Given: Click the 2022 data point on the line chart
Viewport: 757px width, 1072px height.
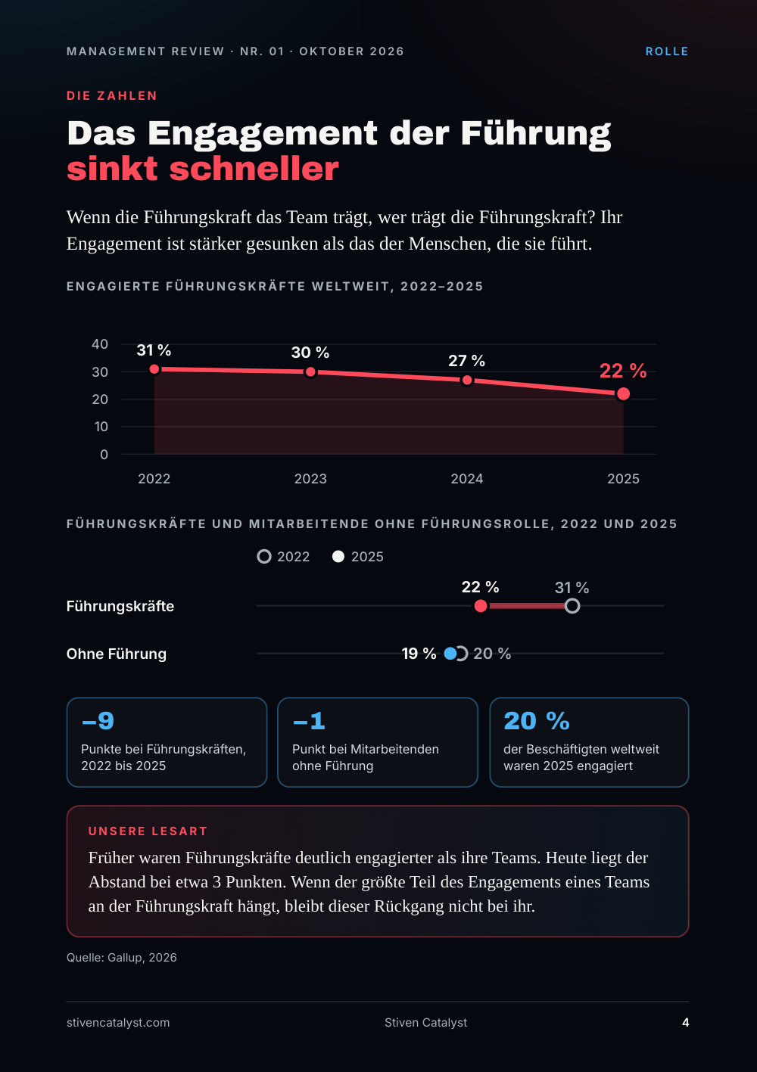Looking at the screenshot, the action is tap(154, 369).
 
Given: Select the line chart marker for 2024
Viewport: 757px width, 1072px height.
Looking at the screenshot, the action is tap(467, 380).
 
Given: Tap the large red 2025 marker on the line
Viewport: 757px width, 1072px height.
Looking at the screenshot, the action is tap(623, 394).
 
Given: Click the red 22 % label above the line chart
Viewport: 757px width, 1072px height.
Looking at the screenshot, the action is tap(623, 371).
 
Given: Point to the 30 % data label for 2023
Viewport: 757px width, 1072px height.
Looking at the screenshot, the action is tap(310, 353).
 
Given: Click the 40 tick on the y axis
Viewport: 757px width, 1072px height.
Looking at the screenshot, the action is tap(100, 344).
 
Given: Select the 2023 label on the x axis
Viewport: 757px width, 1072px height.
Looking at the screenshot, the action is tap(310, 479).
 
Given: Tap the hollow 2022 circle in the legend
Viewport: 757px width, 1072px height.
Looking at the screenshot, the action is tap(264, 557).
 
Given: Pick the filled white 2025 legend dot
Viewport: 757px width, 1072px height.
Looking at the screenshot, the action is tap(338, 557).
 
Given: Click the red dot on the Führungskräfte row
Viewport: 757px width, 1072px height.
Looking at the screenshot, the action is tap(481, 606).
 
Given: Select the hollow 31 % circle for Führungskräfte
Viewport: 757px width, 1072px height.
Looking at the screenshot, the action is tap(572, 606).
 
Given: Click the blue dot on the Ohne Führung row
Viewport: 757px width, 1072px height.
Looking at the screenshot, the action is tap(450, 653).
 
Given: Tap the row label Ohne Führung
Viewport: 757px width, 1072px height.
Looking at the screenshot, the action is tap(117, 654).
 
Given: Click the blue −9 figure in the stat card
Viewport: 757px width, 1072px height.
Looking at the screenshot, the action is tap(98, 721).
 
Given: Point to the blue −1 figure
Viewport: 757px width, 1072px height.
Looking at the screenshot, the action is tap(309, 721).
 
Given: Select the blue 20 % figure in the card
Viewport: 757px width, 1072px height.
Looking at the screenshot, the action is tap(536, 721).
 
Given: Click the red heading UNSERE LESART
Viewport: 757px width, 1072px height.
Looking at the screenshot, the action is tap(148, 831).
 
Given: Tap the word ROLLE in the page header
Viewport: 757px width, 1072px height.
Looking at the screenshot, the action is tap(667, 51).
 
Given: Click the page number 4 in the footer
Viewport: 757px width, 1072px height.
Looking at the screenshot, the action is tap(686, 1023).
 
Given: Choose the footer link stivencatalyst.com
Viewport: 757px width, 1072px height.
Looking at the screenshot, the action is tap(118, 1023).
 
